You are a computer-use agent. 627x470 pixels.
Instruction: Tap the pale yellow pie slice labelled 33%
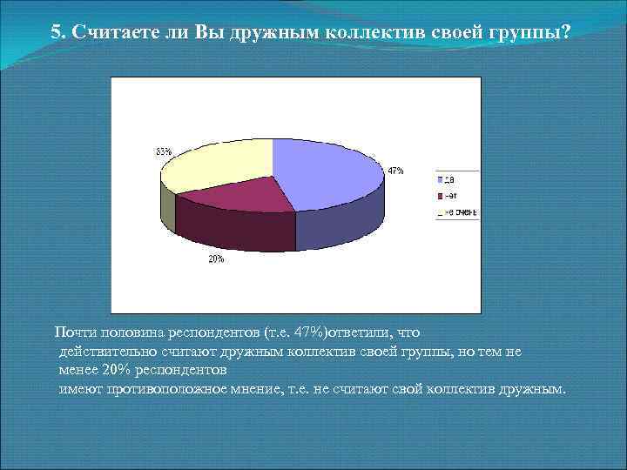pyautogui.click(x=218, y=165)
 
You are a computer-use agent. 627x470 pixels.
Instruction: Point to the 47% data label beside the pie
pyautogui.click(x=395, y=171)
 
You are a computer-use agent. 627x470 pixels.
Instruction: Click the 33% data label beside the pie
pyautogui.click(x=164, y=151)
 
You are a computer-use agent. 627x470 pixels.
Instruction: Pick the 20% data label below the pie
pyautogui.click(x=216, y=258)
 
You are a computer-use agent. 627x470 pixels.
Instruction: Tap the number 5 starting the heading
pyautogui.click(x=56, y=33)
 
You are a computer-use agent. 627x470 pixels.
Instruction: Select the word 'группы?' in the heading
pyautogui.click(x=534, y=33)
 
